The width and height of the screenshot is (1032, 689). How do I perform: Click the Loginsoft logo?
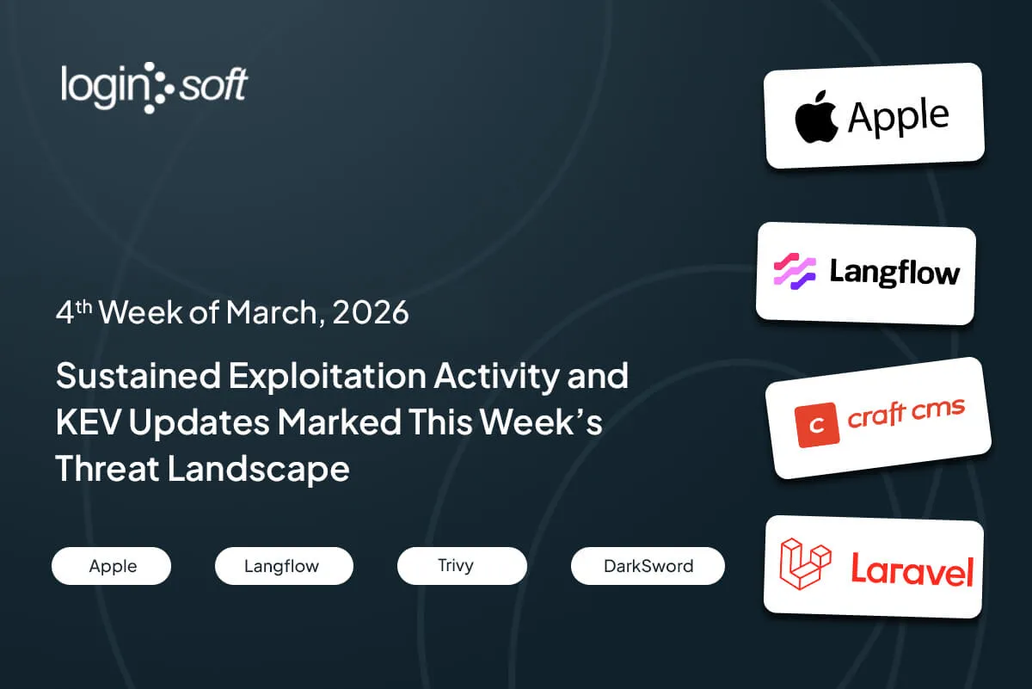click(x=154, y=88)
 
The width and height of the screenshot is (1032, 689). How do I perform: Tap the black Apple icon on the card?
click(x=816, y=116)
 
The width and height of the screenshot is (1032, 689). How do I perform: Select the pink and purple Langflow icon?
click(x=795, y=271)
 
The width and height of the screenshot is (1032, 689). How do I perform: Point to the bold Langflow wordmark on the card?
click(x=894, y=273)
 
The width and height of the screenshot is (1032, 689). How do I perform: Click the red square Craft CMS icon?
click(x=817, y=424)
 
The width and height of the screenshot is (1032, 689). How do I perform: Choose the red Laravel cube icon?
click(x=805, y=563)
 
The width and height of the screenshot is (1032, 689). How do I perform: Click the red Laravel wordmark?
click(x=912, y=569)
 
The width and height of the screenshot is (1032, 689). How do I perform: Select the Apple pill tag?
click(x=112, y=566)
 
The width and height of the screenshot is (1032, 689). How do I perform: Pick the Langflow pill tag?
click(x=284, y=566)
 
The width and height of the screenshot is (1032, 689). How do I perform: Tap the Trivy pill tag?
click(x=462, y=566)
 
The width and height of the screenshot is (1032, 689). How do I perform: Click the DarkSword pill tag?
click(x=648, y=566)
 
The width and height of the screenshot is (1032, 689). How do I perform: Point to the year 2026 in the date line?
click(x=371, y=312)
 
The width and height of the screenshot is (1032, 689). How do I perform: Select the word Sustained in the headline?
click(x=138, y=376)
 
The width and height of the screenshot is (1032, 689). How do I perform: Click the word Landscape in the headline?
click(x=258, y=469)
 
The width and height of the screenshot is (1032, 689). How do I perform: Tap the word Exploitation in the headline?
click(x=327, y=377)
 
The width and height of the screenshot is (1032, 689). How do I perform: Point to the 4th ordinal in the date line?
click(x=74, y=311)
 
